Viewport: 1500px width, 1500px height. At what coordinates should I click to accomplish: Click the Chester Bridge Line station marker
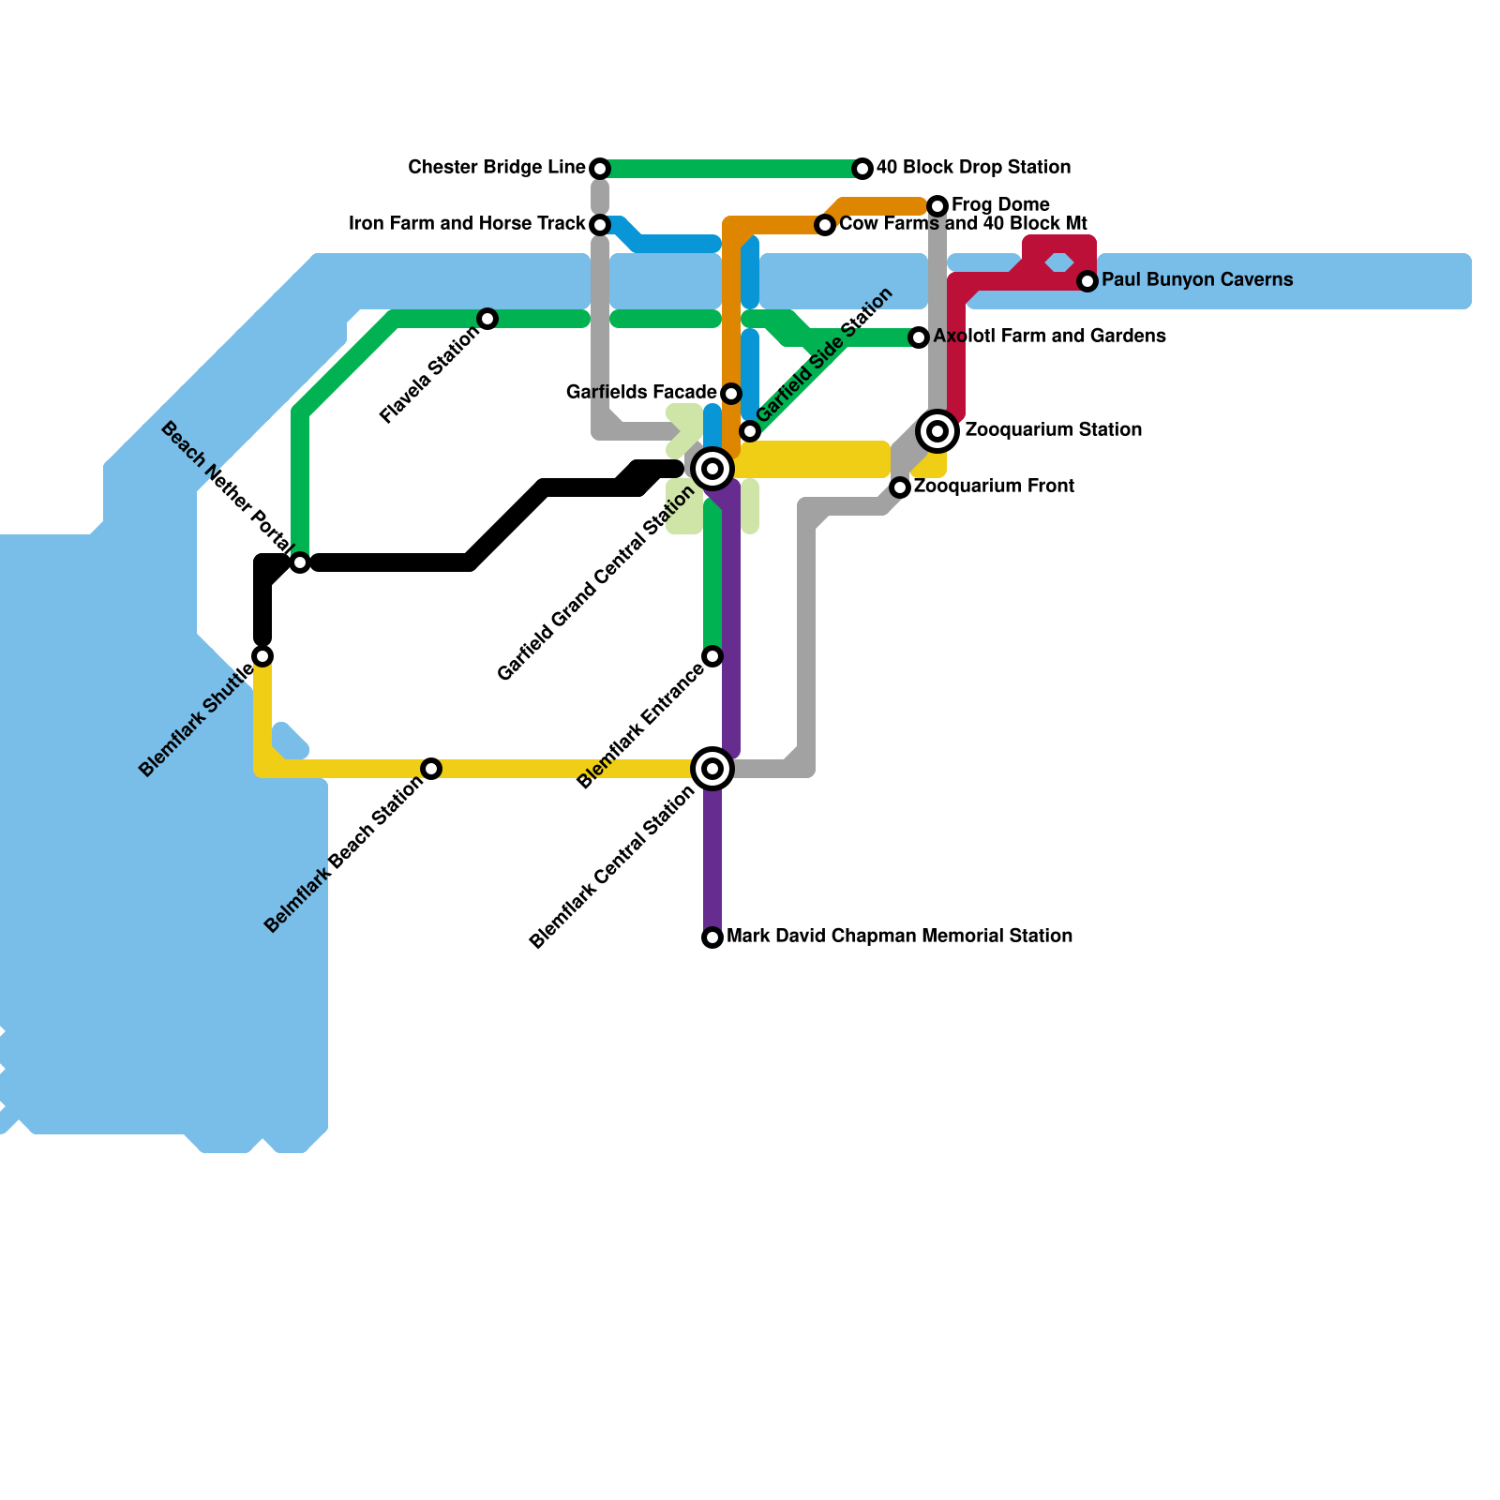tap(600, 169)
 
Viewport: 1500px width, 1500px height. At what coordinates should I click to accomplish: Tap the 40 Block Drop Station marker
tap(862, 169)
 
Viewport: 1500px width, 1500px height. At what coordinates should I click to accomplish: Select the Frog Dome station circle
tap(937, 206)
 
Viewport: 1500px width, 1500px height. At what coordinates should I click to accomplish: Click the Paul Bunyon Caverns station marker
tap(1087, 281)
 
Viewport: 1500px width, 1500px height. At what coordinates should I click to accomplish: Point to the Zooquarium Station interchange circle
tap(937, 431)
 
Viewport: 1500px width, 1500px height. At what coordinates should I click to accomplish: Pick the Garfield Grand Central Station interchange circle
tap(712, 469)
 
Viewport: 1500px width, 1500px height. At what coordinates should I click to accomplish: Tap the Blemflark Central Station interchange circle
tap(712, 769)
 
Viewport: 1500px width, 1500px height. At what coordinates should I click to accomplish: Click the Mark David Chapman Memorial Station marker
tap(712, 937)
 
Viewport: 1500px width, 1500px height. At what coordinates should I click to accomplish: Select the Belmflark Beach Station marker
tap(431, 769)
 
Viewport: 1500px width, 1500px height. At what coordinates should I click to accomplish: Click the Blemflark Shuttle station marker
tap(262, 656)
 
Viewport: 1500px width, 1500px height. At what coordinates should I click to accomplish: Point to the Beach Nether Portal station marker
tap(300, 562)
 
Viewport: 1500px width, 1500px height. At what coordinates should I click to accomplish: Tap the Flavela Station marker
tap(487, 319)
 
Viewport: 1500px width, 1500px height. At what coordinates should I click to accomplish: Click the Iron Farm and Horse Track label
tap(467, 224)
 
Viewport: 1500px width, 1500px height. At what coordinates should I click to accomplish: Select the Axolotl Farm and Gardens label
tap(1049, 337)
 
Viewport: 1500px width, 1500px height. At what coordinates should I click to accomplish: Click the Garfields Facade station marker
tap(731, 394)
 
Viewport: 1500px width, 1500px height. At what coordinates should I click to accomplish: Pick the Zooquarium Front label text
tap(994, 487)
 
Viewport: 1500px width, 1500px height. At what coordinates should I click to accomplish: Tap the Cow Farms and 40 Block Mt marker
tap(825, 225)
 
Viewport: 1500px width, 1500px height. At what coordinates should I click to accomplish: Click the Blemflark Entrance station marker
tap(712, 656)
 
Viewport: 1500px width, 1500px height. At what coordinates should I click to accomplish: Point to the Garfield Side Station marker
tap(750, 431)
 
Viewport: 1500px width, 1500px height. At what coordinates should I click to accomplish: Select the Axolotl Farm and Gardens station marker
tap(919, 337)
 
